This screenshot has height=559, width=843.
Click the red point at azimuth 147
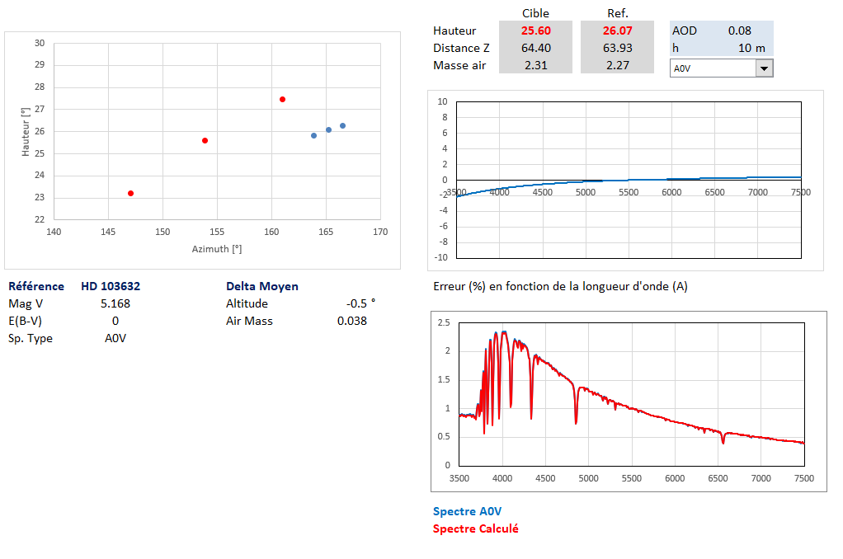[x=130, y=193]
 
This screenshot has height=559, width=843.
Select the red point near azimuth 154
[x=205, y=140]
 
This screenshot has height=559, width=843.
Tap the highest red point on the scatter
[x=282, y=99]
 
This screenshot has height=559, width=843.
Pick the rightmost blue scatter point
[x=342, y=125]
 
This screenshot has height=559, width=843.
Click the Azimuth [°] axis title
[x=217, y=248]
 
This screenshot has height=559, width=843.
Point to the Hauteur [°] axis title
[x=25, y=132]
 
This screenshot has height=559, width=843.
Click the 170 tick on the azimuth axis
[x=379, y=232]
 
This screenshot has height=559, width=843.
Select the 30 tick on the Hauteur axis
[x=40, y=43]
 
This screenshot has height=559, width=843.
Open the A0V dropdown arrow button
[x=765, y=68]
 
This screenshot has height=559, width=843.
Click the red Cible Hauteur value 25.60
[x=535, y=31]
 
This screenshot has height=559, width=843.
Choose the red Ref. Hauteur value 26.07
[x=617, y=31]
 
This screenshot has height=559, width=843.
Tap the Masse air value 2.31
[x=535, y=65]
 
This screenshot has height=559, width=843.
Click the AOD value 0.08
[x=739, y=31]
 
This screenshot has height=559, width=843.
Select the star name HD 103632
[x=111, y=286]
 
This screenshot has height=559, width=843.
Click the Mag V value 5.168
[x=115, y=303]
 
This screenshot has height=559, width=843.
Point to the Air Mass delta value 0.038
[x=352, y=321]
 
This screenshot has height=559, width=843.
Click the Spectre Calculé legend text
[x=475, y=528]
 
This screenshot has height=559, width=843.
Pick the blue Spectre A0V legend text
[x=467, y=511]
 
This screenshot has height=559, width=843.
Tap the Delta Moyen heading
[x=262, y=286]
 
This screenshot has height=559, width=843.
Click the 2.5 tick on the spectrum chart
[x=443, y=322]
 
